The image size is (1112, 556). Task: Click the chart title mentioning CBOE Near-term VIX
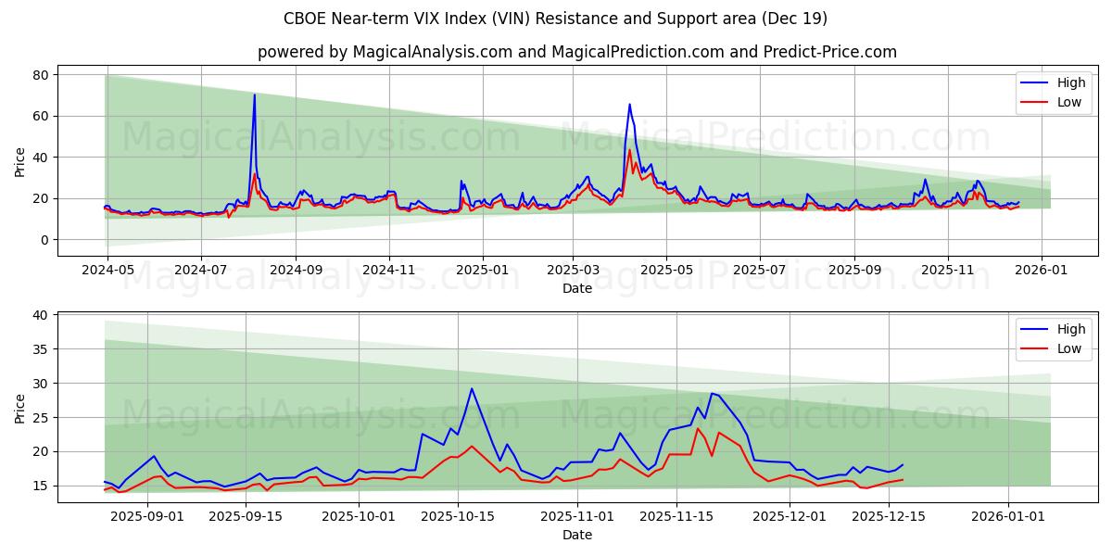pyautogui.click(x=555, y=19)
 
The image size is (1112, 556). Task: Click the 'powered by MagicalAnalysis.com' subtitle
pyautogui.click(x=576, y=52)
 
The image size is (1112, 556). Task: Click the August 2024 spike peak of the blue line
pyautogui.click(x=254, y=95)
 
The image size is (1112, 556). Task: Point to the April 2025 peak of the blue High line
pyautogui.click(x=629, y=105)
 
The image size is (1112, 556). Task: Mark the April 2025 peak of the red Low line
pyautogui.click(x=630, y=150)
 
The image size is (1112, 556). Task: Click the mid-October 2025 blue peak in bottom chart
pyautogui.click(x=471, y=389)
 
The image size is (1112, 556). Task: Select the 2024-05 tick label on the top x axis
pyautogui.click(x=107, y=271)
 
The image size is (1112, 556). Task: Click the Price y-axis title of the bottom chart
pyautogui.click(x=20, y=408)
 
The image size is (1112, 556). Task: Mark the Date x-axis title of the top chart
pyautogui.click(x=576, y=288)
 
